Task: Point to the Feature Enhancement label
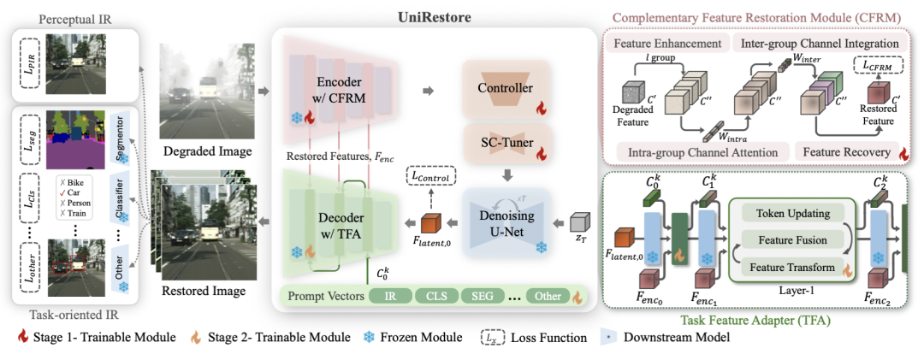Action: click(663, 43)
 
